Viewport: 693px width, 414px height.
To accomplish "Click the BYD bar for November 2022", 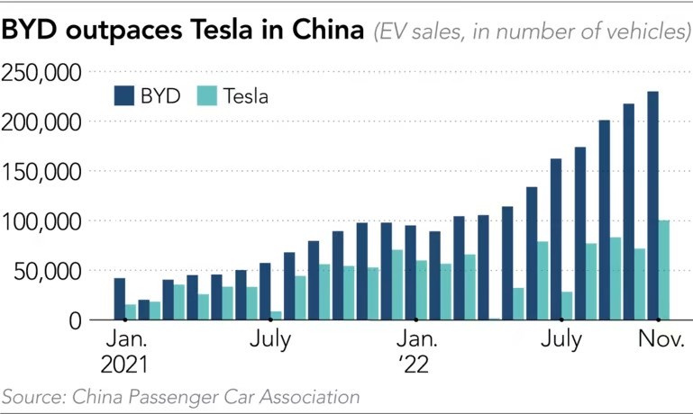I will pyautogui.click(x=652, y=206).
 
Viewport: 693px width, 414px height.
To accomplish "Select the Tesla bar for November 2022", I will pyautogui.click(x=664, y=270).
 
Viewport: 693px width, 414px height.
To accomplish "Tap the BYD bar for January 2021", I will pyautogui.click(x=119, y=299).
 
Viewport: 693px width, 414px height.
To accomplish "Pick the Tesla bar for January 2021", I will pyautogui.click(x=131, y=311).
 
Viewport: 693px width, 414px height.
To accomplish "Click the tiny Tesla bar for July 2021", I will pyautogui.click(x=277, y=315).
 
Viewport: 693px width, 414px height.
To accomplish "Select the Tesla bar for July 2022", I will pyautogui.click(x=567, y=306).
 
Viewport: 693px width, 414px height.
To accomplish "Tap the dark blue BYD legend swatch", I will pyautogui.click(x=123, y=95).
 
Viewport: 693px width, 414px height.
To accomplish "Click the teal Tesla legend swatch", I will pyautogui.click(x=205, y=95).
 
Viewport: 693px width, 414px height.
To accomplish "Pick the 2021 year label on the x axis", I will pyautogui.click(x=125, y=366).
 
